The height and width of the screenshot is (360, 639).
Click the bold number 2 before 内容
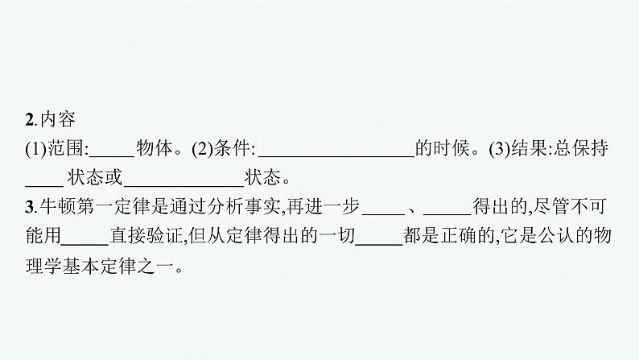click(x=30, y=122)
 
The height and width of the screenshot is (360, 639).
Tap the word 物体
click(x=155, y=149)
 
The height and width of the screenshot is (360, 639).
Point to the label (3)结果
click(x=519, y=149)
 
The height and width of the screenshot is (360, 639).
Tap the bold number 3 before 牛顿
click(x=30, y=207)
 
